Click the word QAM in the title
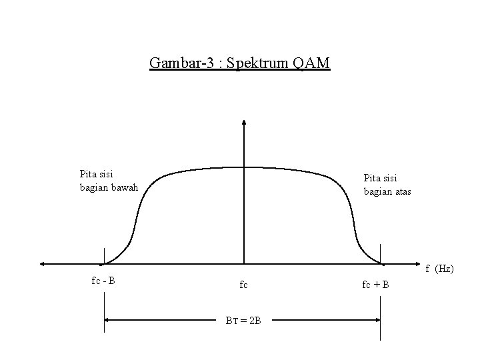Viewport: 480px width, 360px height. pos(311,63)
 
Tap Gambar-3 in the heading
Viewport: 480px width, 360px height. pos(181,63)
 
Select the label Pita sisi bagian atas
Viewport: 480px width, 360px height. pos(387,185)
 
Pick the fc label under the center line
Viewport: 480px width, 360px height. pos(243,285)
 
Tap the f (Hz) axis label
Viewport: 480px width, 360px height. pos(439,269)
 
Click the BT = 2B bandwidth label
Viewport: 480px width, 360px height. pos(243,321)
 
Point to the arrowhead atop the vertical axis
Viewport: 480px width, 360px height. pos(245,123)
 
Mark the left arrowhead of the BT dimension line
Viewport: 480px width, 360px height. pos(107,319)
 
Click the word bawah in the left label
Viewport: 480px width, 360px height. pos(125,187)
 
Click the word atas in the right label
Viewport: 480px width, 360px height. pos(402,191)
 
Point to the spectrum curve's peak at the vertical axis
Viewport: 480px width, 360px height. pos(245,166)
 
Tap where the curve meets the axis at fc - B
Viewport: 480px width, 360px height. pos(105,262)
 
